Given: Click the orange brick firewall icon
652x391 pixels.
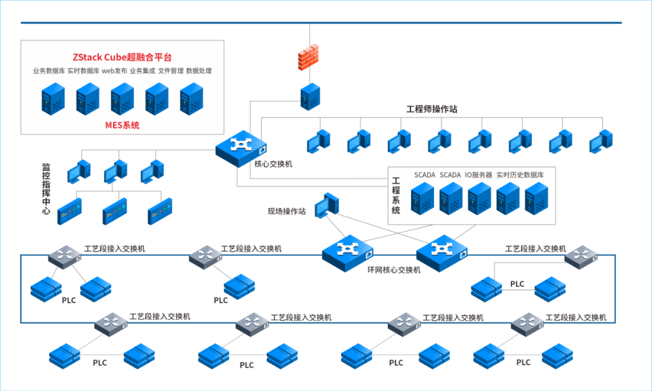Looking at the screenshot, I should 309,57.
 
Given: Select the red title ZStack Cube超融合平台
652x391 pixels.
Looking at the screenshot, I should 123,57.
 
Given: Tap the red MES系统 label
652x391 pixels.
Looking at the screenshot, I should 123,126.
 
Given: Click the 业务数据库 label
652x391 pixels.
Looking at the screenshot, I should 49,71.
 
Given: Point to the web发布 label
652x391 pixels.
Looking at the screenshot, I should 114,71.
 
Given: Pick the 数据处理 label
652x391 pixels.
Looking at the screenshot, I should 199,71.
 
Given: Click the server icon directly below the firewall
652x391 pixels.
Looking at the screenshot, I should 310,97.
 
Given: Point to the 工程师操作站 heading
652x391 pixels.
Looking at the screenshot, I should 431,109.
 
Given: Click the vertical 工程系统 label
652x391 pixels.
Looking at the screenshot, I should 396,195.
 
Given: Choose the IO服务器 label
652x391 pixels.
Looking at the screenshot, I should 479,175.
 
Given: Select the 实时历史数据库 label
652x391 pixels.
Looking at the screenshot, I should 520,175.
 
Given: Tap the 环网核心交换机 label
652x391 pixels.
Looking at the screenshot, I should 394,270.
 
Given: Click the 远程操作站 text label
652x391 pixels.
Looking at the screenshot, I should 287,211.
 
